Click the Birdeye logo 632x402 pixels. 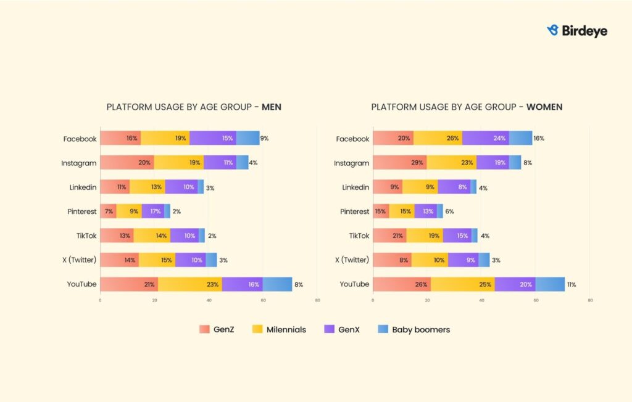pyautogui.click(x=577, y=30)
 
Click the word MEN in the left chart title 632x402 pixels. pyautogui.click(x=272, y=107)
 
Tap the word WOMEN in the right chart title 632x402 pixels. pyautogui.click(x=544, y=107)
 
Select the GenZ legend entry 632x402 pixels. pyautogui.click(x=216, y=329)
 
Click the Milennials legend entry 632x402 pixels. pyautogui.click(x=279, y=329)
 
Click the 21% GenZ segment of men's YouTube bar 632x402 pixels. pyautogui.click(x=129, y=284)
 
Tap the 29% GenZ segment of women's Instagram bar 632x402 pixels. pyautogui.click(x=399, y=163)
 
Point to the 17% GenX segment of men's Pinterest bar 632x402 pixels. pyautogui.click(x=153, y=211)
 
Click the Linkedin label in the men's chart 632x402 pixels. pyautogui.click(x=83, y=187)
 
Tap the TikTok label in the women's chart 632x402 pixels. pyautogui.click(x=359, y=236)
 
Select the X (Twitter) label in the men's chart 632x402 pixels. pyautogui.click(x=80, y=260)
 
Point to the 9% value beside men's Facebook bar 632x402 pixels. pyautogui.click(x=264, y=139)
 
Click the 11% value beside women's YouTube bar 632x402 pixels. pyautogui.click(x=571, y=285)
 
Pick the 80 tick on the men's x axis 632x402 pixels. pyautogui.click(x=317, y=301)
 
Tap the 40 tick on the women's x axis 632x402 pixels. pyautogui.click(x=481, y=301)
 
